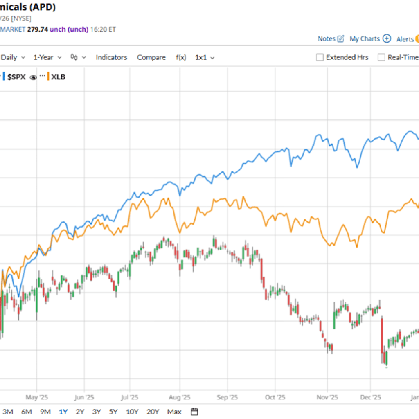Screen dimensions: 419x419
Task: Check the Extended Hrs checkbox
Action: tap(320, 58)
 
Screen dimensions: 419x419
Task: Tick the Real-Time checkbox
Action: tap(381, 58)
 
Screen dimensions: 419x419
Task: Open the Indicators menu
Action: tap(111, 58)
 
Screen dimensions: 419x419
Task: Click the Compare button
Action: tap(151, 58)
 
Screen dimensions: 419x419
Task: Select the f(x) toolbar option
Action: tap(181, 58)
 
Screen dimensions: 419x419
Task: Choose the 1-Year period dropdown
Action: tap(47, 58)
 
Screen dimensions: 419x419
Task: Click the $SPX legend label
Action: tap(16, 77)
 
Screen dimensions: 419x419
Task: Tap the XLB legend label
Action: tap(58, 77)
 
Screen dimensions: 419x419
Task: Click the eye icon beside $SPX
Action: tap(33, 77)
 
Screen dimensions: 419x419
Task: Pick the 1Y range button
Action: tap(63, 412)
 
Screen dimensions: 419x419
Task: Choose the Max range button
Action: tap(174, 412)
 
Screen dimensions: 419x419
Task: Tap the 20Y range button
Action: tap(153, 412)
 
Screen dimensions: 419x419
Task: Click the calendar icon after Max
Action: tap(195, 412)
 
